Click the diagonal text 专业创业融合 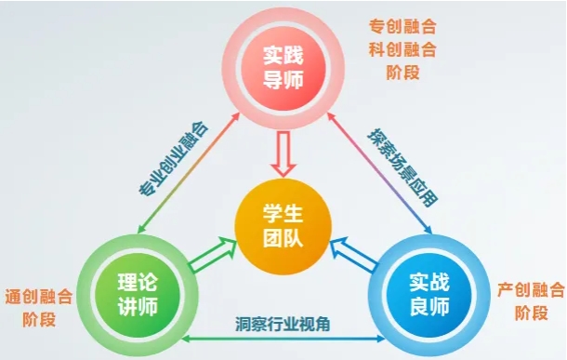[x=173, y=159]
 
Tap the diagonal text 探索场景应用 [x=400, y=164]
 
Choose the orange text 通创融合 [x=37, y=298]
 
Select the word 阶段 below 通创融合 [x=37, y=322]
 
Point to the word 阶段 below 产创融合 [x=531, y=313]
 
